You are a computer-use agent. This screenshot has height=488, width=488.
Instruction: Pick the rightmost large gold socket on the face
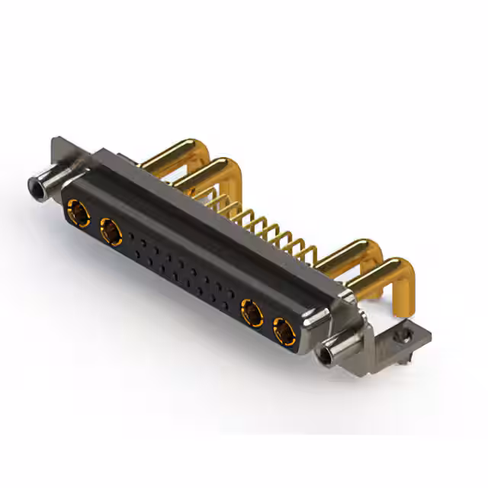(x=283, y=329)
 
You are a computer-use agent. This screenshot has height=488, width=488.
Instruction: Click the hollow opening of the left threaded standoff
(x=34, y=185)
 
